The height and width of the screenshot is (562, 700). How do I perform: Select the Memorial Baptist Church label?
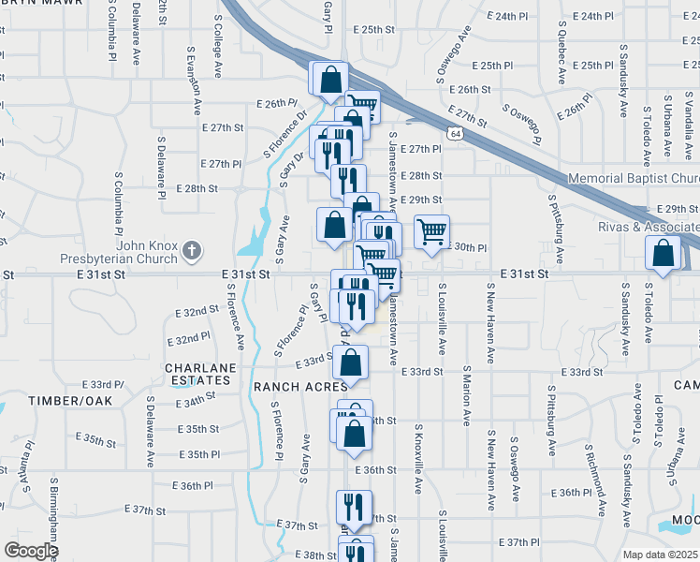tap(634, 178)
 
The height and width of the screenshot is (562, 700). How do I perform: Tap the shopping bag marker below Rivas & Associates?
tap(663, 253)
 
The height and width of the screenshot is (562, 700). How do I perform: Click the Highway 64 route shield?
tap(454, 134)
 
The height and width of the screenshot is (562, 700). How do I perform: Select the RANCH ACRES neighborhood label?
tap(300, 385)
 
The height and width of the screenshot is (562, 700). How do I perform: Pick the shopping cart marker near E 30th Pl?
tap(431, 232)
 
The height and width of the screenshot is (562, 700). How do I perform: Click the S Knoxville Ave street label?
tap(418, 459)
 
